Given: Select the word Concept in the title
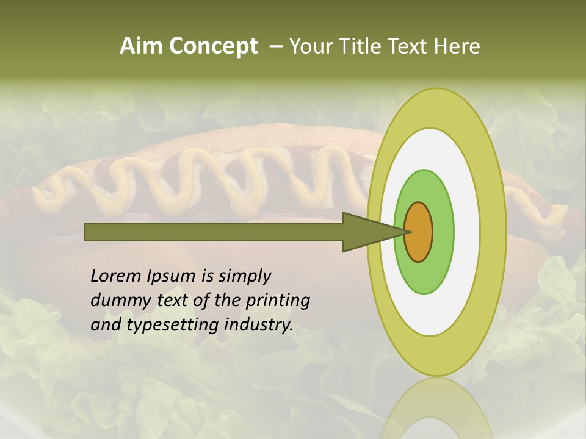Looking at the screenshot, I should tap(214, 46).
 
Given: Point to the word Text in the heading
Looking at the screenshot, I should tap(410, 46).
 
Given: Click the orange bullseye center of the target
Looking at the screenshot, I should tap(419, 232).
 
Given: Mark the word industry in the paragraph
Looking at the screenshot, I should tap(259, 325).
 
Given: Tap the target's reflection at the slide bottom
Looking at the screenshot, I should tap(436, 415).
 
